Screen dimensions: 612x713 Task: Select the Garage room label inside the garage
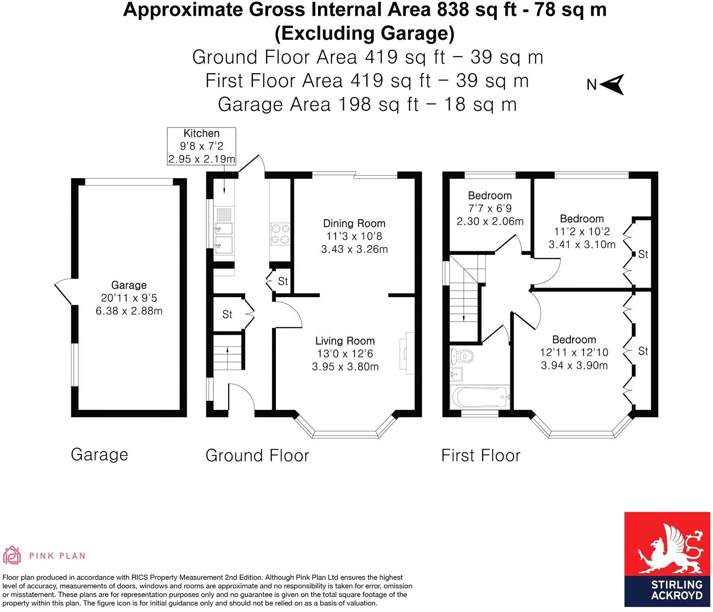click(129, 285)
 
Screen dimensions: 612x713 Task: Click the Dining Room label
click(354, 223)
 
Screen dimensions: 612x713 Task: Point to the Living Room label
click(345, 341)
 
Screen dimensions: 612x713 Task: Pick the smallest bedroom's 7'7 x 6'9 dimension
click(490, 209)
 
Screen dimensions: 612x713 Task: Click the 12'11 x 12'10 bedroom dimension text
click(574, 352)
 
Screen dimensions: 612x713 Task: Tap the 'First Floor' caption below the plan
click(481, 455)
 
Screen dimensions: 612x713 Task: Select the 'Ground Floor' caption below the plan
click(257, 455)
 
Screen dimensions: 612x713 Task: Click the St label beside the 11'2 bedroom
click(643, 254)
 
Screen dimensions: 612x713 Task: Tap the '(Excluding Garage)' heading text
click(364, 33)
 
